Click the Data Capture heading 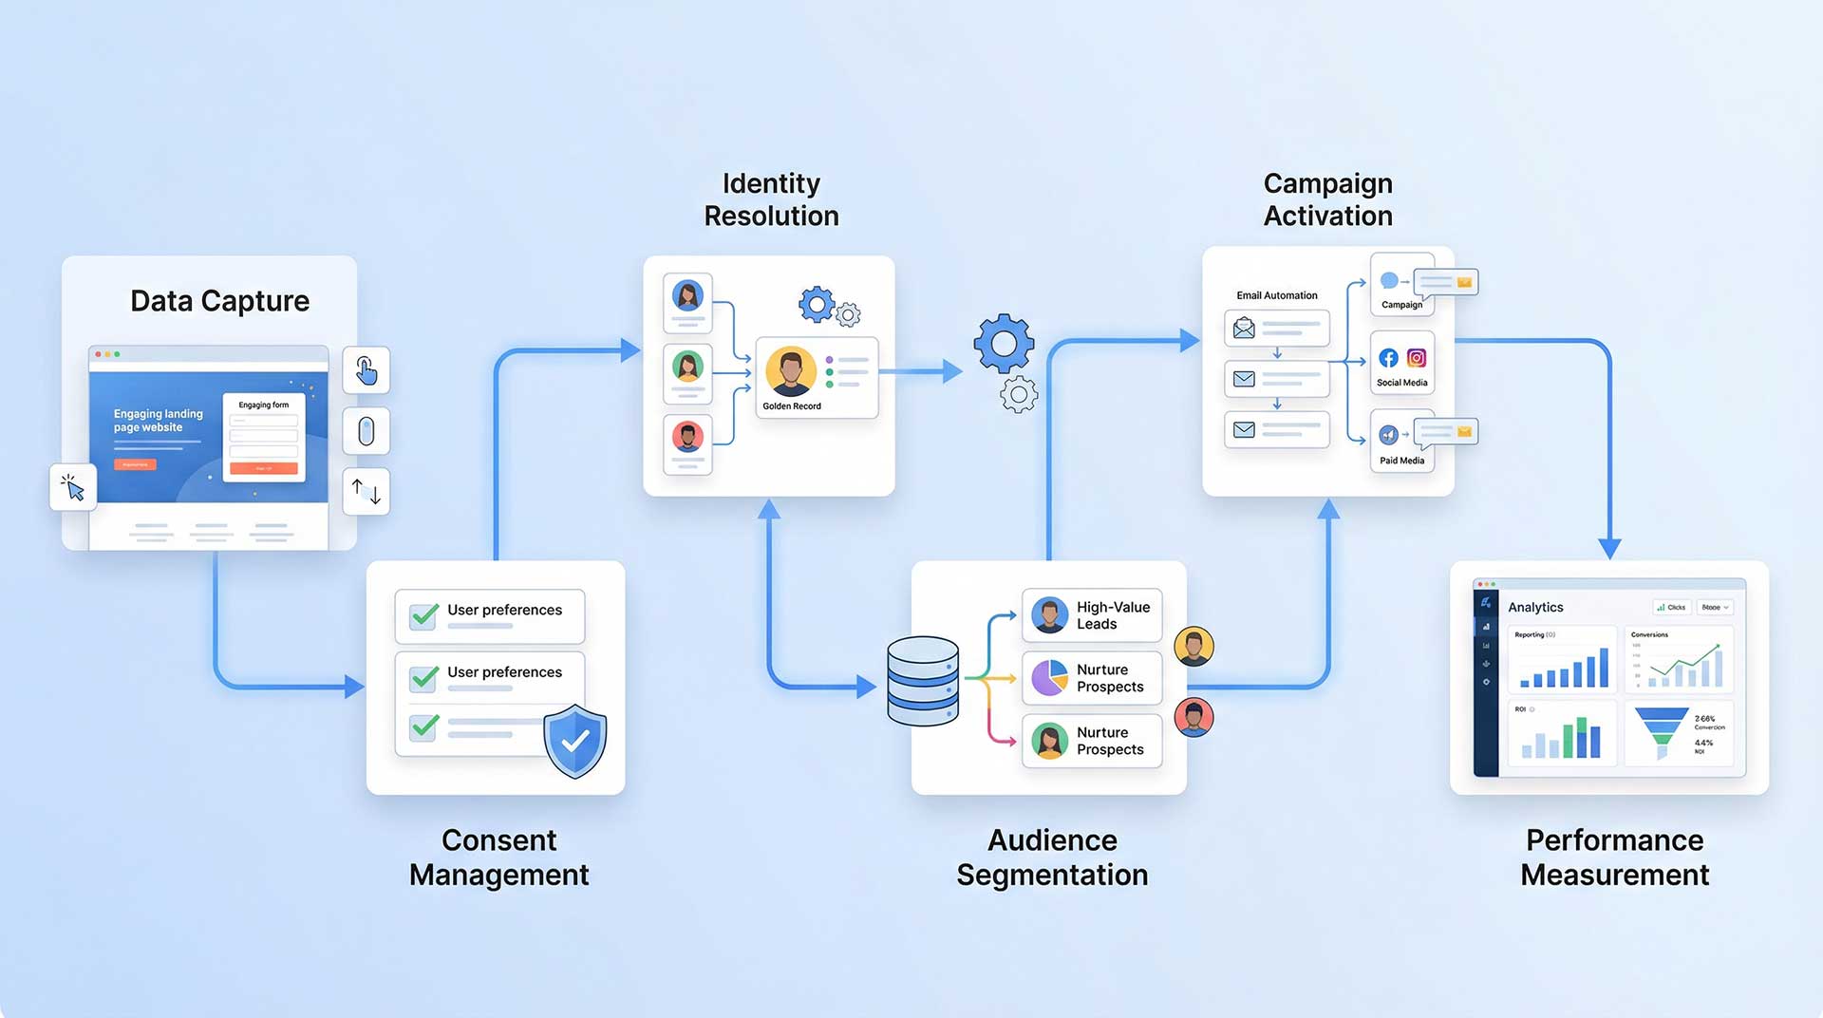(x=219, y=301)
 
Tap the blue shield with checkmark (x=574, y=741)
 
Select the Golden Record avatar (x=791, y=371)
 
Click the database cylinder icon (x=922, y=681)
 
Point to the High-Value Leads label (x=1112, y=615)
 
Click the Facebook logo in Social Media (x=1388, y=358)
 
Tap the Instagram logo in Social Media (x=1417, y=358)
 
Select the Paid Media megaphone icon (x=1388, y=435)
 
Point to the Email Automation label (x=1276, y=295)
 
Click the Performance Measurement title (x=1614, y=857)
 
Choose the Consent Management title (x=498, y=857)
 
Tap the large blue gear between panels (x=1004, y=343)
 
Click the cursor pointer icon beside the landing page (x=73, y=487)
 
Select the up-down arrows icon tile (x=366, y=491)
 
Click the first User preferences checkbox (x=423, y=614)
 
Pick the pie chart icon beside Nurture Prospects (x=1049, y=678)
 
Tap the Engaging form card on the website (x=264, y=438)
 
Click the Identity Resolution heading (x=771, y=199)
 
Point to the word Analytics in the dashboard (x=1535, y=608)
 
